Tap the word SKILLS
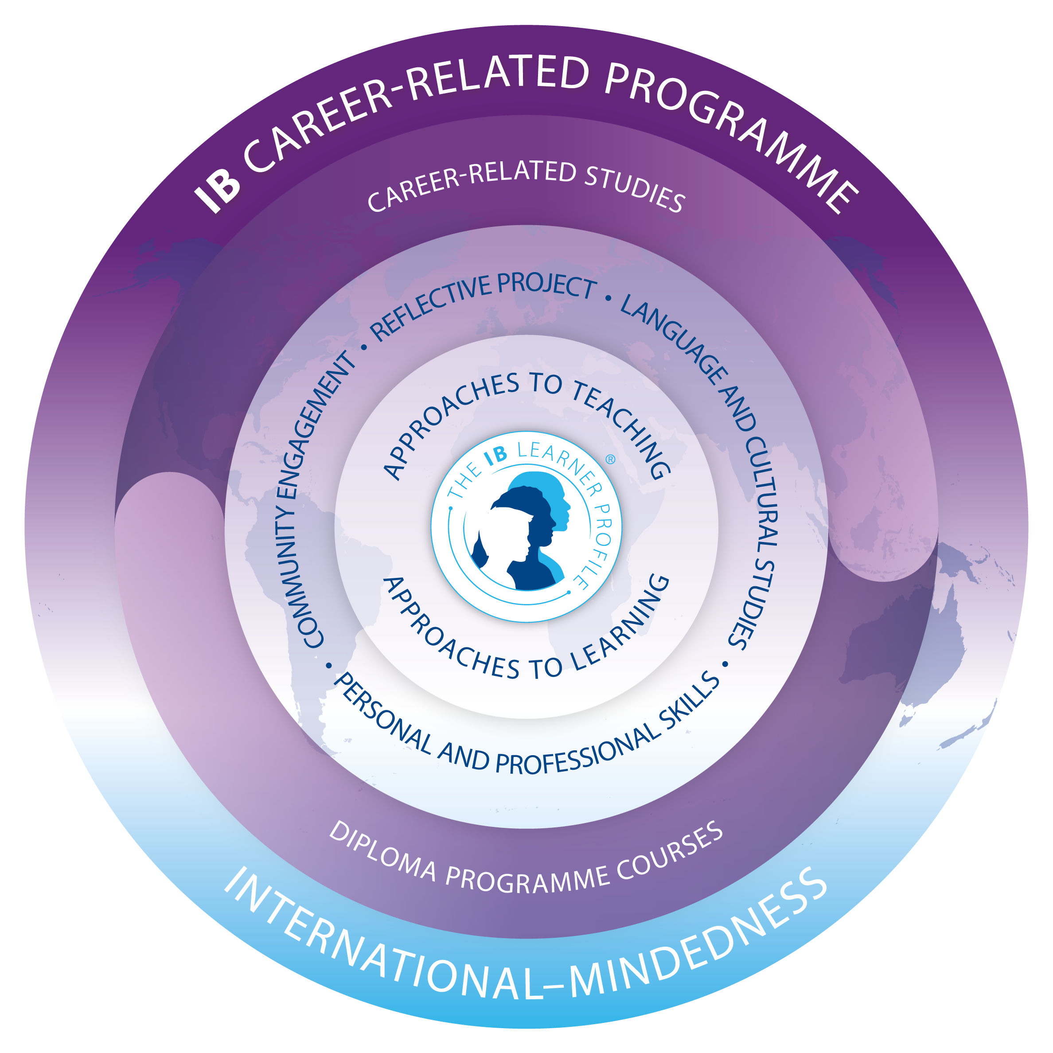tap(690, 703)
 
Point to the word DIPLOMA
tap(382, 853)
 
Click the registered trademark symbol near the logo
tap(610, 460)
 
